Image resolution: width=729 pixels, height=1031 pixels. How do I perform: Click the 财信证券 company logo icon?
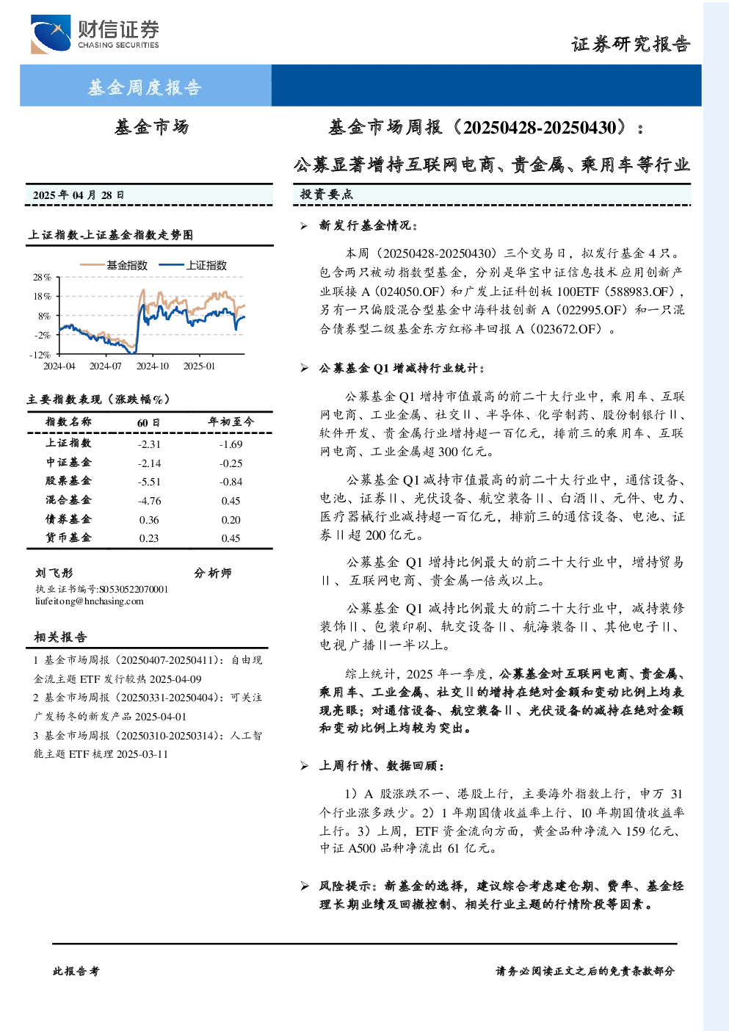(x=51, y=34)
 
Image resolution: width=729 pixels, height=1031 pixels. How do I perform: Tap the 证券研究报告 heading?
(x=631, y=45)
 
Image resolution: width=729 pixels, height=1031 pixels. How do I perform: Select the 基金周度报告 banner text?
(x=145, y=87)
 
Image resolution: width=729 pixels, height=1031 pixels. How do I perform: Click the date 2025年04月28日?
(x=79, y=195)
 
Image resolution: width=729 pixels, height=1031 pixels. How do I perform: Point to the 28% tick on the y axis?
(x=42, y=277)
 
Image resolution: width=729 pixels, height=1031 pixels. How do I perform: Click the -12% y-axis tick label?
(x=40, y=355)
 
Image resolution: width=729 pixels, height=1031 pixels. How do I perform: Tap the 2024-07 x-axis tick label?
(x=106, y=366)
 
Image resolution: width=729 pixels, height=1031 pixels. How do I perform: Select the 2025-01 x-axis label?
(x=199, y=366)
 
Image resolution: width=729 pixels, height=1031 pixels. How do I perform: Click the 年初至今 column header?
(x=231, y=422)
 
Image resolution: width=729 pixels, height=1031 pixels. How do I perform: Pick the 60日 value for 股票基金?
(x=149, y=482)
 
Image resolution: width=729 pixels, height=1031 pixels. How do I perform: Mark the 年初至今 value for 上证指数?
(x=231, y=444)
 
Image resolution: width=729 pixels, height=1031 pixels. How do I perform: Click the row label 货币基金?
(x=68, y=538)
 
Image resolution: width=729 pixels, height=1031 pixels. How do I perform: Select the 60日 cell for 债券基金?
(x=149, y=520)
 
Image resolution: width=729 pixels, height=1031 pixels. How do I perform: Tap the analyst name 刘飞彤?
(x=54, y=573)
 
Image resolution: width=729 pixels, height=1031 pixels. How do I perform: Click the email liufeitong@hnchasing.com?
(x=90, y=601)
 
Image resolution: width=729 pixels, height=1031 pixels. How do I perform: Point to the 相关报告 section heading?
(x=60, y=637)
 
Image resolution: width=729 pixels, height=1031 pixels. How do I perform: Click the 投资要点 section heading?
(x=326, y=195)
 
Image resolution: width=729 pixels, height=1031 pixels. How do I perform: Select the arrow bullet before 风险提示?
(x=304, y=886)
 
